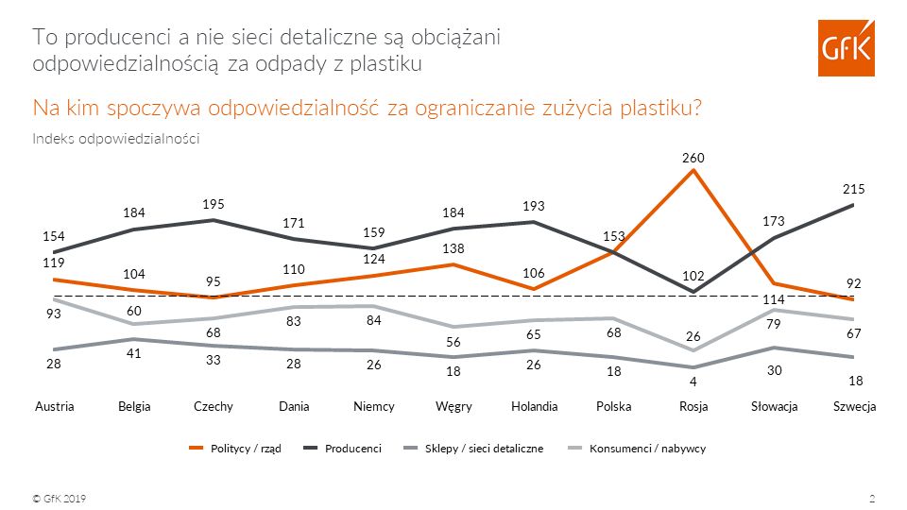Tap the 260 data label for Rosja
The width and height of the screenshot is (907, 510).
coord(694,157)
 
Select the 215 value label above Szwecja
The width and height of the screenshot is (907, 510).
coord(854,190)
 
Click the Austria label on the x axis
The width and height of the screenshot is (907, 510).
coord(54,406)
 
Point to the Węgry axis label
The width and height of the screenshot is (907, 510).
coord(453,406)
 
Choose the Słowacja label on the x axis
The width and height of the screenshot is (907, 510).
coord(774,406)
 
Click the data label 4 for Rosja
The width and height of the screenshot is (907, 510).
coord(694,382)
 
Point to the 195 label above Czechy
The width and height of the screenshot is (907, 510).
coord(214,205)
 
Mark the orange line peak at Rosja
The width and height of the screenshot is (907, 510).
coord(694,170)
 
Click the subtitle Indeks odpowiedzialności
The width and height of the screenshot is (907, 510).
coord(115,139)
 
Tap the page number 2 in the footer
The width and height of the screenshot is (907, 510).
coord(871,498)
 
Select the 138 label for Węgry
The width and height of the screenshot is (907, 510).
coord(453,246)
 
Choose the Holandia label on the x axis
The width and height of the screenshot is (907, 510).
coord(534,406)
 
